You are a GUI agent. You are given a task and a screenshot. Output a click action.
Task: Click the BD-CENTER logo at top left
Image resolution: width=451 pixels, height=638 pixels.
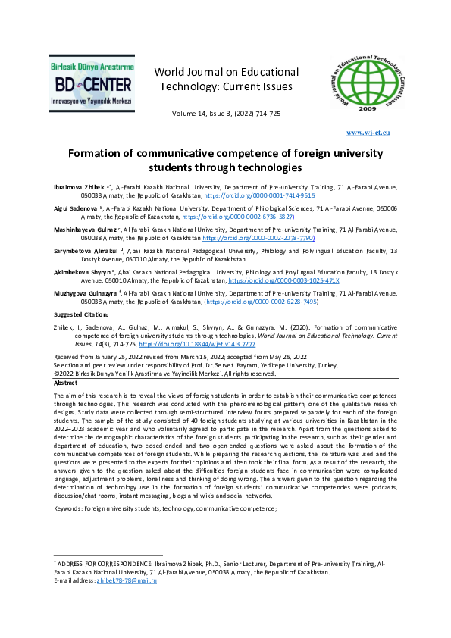[x=92, y=81]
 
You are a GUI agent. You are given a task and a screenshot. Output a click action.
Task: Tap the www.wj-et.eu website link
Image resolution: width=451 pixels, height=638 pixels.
[x=368, y=133]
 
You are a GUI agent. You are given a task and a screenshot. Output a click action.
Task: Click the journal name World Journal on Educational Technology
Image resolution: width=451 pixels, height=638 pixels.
[x=226, y=80]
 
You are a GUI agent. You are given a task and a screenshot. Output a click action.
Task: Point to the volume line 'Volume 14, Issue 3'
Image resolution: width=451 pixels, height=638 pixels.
[x=227, y=114]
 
